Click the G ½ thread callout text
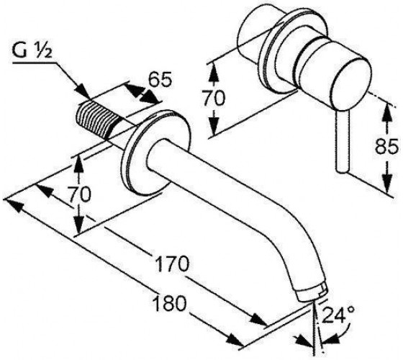click(32, 51)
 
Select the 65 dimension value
click(160, 79)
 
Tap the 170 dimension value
click(172, 264)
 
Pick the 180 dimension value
click(169, 303)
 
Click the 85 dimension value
click(387, 146)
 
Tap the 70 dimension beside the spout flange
click(79, 194)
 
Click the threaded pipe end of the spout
click(97, 120)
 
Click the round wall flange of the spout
click(155, 153)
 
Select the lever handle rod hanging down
click(343, 142)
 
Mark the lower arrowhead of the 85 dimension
click(387, 183)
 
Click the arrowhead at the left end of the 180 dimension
click(14, 205)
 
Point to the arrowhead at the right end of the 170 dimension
click(258, 320)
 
